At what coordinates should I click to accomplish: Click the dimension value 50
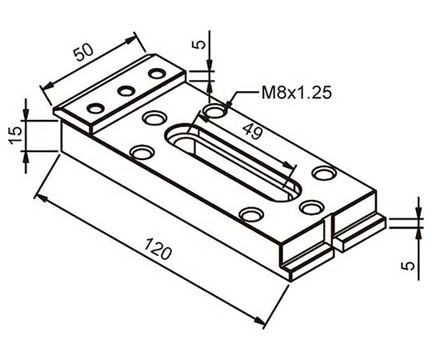tap(84, 52)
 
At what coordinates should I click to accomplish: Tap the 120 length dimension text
tap(158, 249)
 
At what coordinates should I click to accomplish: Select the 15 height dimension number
tap(15, 135)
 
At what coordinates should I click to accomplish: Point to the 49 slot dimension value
tap(252, 131)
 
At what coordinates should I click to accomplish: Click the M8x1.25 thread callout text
tap(297, 93)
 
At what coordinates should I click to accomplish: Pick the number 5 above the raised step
tap(199, 44)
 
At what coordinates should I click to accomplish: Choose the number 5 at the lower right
tap(408, 266)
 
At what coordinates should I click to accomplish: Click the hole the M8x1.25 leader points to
tap(215, 111)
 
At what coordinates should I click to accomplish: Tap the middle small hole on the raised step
tap(126, 91)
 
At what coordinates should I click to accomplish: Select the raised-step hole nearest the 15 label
tap(96, 108)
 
